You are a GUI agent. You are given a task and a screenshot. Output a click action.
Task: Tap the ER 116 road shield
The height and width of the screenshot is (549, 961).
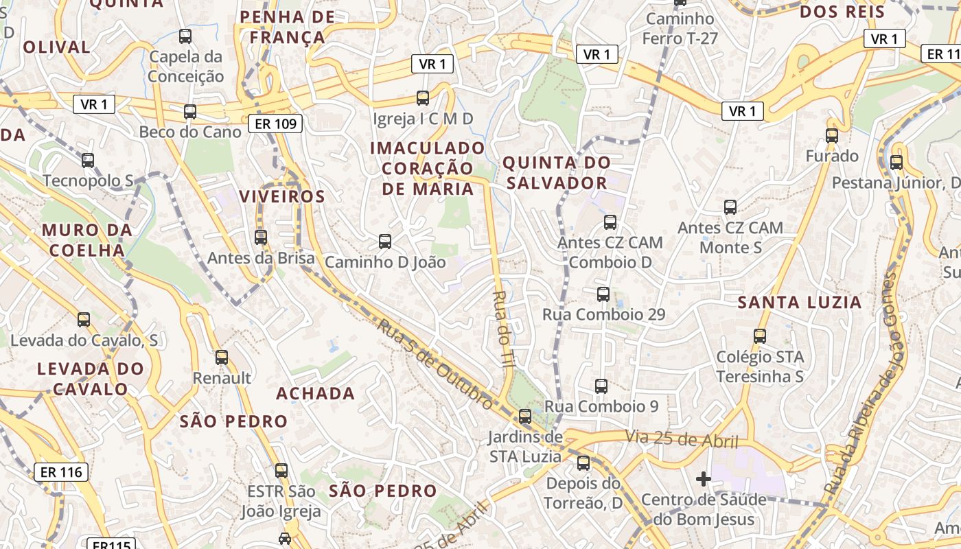tap(61, 472)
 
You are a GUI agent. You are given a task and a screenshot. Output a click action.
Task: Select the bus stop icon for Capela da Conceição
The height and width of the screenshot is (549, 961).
tap(185, 36)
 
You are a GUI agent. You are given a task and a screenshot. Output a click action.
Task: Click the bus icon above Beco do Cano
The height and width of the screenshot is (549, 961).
tap(190, 112)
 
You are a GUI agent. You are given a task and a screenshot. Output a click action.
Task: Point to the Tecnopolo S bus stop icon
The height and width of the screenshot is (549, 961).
tap(88, 161)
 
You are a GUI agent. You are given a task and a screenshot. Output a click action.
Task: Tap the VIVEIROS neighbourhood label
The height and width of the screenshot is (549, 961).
tap(281, 196)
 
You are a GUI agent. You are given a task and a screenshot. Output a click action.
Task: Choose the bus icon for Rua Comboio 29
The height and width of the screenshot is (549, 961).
tap(603, 294)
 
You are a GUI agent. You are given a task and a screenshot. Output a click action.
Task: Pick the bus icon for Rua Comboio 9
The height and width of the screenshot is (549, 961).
tap(601, 386)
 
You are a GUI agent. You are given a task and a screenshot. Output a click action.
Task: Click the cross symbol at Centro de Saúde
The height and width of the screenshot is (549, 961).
tap(704, 479)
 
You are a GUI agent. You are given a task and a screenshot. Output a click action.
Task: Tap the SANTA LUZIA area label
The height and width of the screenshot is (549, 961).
tap(799, 302)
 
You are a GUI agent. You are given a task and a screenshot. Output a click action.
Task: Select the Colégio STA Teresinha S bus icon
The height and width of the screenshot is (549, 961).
tap(760, 336)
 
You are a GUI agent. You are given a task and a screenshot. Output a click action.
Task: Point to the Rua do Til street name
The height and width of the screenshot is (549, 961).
tap(502, 330)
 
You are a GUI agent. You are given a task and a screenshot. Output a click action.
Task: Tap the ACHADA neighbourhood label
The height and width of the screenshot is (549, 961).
tap(315, 394)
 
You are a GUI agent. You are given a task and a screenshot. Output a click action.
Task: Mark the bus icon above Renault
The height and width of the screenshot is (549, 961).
tap(222, 358)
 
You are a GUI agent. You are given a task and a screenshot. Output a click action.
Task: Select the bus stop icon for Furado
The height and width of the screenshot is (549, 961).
tap(832, 136)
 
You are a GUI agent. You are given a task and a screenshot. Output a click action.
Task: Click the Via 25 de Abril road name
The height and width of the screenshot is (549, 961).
tap(681, 439)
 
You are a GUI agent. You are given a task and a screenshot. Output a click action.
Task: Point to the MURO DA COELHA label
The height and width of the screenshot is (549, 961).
tap(86, 240)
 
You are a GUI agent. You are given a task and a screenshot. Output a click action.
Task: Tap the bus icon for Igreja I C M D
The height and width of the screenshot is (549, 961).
tap(423, 98)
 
